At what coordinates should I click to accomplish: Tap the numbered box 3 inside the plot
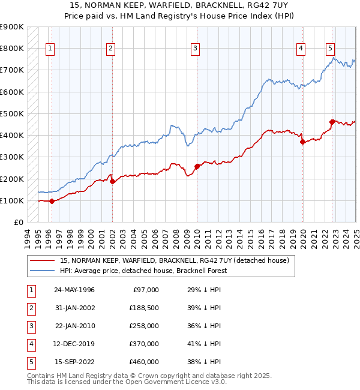click(196, 49)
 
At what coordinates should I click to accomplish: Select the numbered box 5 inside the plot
click(331, 49)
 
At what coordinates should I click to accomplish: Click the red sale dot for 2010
click(197, 166)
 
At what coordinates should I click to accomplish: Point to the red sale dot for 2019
click(302, 142)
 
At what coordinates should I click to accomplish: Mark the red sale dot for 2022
click(332, 122)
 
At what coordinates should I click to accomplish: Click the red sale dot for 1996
click(52, 201)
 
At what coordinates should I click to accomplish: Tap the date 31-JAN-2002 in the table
click(74, 308)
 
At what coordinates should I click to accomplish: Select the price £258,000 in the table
click(145, 326)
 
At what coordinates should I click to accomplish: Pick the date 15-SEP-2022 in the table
click(74, 362)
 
